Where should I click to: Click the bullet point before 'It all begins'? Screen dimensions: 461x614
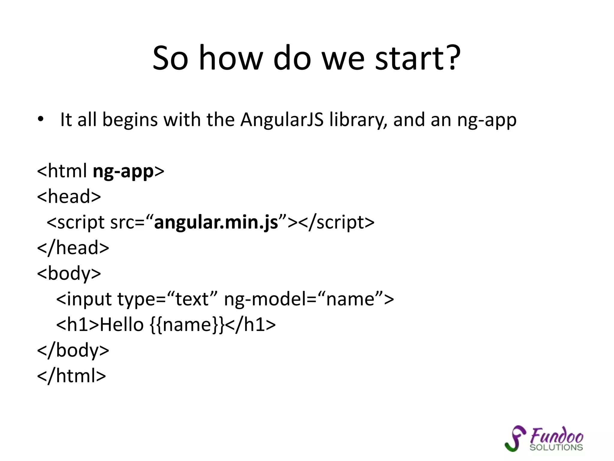click(40, 120)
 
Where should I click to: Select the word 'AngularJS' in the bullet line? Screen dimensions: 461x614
click(282, 120)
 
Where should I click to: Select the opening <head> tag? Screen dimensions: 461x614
click(69, 197)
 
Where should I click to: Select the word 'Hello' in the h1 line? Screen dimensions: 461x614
click(122, 325)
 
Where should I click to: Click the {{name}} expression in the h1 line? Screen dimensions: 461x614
click(186, 325)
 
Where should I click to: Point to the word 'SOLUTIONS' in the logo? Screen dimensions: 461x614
click(556, 447)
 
